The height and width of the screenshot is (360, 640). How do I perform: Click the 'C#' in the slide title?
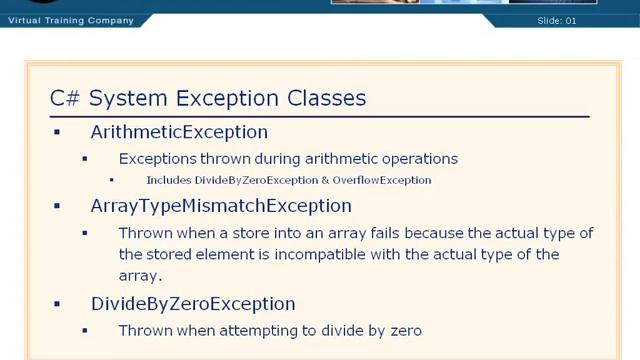pyautogui.click(x=65, y=98)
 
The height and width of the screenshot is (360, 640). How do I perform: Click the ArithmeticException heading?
pyautogui.click(x=179, y=132)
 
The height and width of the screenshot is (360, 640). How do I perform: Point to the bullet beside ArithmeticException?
pyautogui.click(x=57, y=132)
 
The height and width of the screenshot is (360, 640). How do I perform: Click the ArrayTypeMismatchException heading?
pyautogui.click(x=221, y=206)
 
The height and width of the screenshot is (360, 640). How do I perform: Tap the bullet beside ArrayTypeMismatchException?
pyautogui.click(x=57, y=206)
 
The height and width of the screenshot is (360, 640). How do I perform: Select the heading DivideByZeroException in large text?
pyautogui.click(x=193, y=304)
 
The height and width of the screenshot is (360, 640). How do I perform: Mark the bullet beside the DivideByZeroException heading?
pyautogui.click(x=57, y=304)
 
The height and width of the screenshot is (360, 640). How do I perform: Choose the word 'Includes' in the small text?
pyautogui.click(x=168, y=181)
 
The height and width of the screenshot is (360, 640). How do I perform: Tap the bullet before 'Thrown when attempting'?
pyautogui.click(x=85, y=330)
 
